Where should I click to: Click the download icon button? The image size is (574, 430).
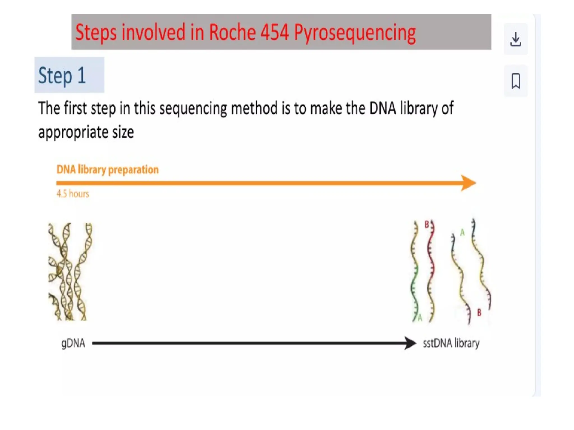[x=515, y=39]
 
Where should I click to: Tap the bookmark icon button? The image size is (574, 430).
[x=515, y=81]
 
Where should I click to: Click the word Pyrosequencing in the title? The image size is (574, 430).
[x=355, y=33]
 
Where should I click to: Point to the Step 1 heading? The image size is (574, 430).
[x=62, y=75]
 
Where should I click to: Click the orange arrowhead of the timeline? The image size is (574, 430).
[x=469, y=183]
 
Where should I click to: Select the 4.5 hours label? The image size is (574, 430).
[x=73, y=194]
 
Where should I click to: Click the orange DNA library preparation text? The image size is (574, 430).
[x=108, y=170]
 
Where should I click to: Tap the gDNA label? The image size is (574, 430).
[x=73, y=343]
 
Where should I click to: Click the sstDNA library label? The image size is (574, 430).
[x=451, y=343]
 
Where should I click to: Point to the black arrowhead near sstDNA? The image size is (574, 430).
[x=411, y=343]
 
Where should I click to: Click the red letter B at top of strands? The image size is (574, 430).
[x=427, y=224]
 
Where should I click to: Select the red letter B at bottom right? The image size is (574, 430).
[x=479, y=313]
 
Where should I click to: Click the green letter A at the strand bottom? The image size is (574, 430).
[x=420, y=318]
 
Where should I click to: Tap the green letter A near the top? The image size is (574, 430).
[x=462, y=232]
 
